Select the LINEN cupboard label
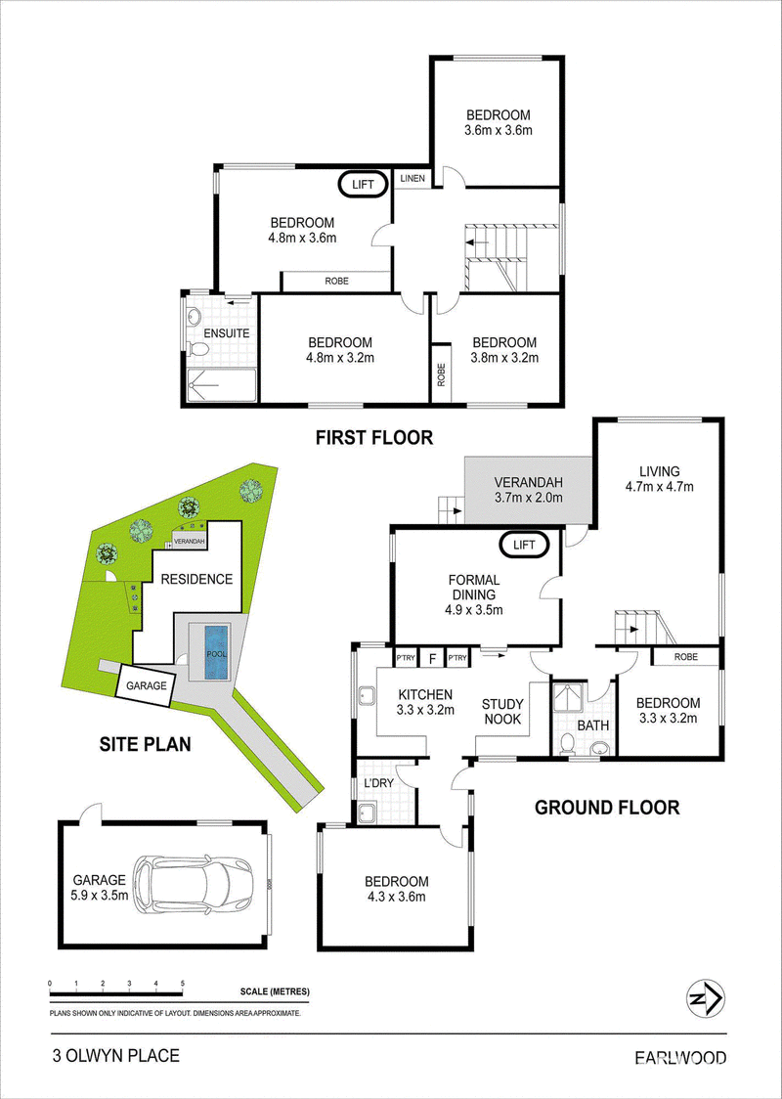pyautogui.click(x=413, y=179)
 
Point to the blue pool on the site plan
pyautogui.click(x=217, y=652)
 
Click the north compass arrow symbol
pyautogui.click(x=704, y=998)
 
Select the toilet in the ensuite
pyautogui.click(x=199, y=349)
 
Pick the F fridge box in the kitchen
pyautogui.click(x=432, y=658)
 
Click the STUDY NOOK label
pyautogui.click(x=503, y=712)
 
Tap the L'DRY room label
pyautogui.click(x=372, y=781)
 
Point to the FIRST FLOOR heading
pyautogui.click(x=374, y=438)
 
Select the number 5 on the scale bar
pyautogui.click(x=183, y=984)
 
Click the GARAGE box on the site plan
pyautogui.click(x=145, y=684)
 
